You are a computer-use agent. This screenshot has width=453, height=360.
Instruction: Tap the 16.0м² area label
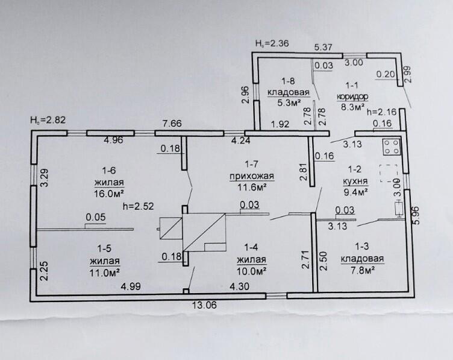tap(110, 194)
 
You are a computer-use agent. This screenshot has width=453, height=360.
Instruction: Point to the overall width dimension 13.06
tap(204, 305)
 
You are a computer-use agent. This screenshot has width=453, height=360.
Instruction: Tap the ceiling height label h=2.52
tap(137, 206)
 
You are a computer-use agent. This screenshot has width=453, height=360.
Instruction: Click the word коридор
tap(352, 96)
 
